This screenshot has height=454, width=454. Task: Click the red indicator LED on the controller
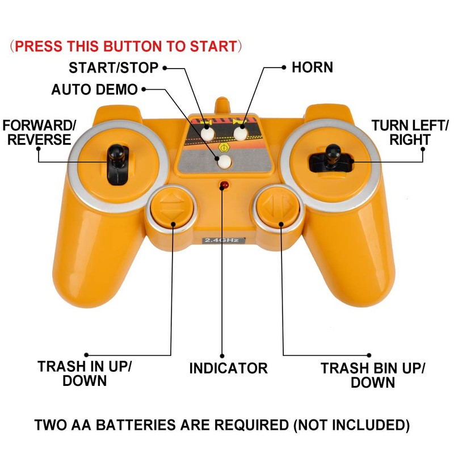224,186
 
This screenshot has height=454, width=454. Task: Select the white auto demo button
225,162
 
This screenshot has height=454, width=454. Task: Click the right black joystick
332,158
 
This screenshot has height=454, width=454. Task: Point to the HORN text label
312,68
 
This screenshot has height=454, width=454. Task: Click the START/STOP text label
113,68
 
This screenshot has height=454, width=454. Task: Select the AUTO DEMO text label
94,90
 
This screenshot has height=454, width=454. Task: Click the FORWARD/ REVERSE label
39,132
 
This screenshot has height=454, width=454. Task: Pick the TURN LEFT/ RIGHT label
410,132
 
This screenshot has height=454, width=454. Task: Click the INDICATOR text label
228,368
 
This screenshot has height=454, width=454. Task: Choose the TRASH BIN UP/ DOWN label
372,375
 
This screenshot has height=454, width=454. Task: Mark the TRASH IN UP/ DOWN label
85,373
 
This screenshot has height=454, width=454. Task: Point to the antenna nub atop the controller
222,107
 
